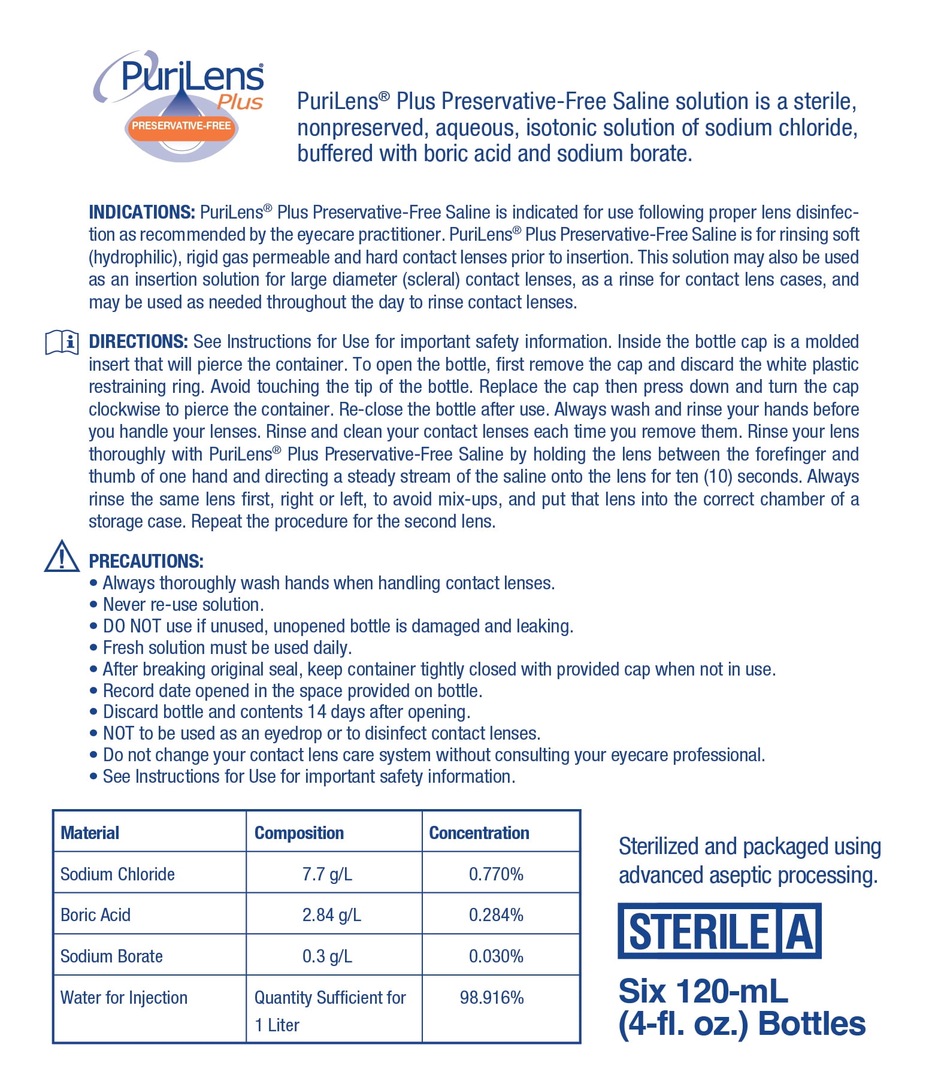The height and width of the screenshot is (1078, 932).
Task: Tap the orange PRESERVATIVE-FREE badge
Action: pyautogui.click(x=181, y=126)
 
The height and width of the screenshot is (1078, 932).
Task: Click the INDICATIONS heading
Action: pyautogui.click(x=141, y=213)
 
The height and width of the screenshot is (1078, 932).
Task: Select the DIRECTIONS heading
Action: pyautogui.click(x=138, y=342)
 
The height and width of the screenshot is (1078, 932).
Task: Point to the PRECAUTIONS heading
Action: pyautogui.click(x=146, y=561)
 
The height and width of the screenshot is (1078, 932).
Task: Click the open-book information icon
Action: pyautogui.click(x=62, y=343)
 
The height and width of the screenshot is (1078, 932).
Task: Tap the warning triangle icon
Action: pyautogui.click(x=62, y=557)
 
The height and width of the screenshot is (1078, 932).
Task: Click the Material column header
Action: pyautogui.click(x=90, y=832)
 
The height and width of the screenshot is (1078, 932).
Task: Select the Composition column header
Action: pyautogui.click(x=299, y=832)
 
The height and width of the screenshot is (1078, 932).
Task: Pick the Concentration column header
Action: pyautogui.click(x=479, y=832)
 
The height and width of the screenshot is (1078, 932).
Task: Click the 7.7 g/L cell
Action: pyautogui.click(x=327, y=874)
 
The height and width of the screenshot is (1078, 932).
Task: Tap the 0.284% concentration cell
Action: pyautogui.click(x=496, y=915)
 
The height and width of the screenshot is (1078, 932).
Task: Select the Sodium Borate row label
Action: pyautogui.click(x=111, y=956)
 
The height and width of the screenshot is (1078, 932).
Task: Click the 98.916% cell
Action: pyautogui.click(x=492, y=997)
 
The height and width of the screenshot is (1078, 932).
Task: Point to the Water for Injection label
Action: pyautogui.click(x=124, y=997)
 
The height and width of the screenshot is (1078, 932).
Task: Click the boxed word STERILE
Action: pyautogui.click(x=698, y=931)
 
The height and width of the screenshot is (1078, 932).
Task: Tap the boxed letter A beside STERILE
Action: pyautogui.click(x=800, y=931)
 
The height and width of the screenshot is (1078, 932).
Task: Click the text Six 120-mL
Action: pyautogui.click(x=703, y=991)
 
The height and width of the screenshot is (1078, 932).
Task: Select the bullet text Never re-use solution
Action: pyautogui.click(x=183, y=605)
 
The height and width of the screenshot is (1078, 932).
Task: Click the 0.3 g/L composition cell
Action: pyautogui.click(x=327, y=956)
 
